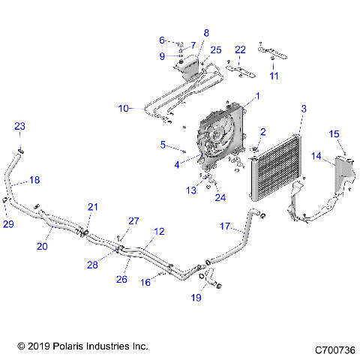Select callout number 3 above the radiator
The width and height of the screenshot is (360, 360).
[303, 109]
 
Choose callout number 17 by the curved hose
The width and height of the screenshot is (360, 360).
[224, 225]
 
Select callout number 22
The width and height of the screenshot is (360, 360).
[240, 49]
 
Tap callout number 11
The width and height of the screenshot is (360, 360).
[274, 76]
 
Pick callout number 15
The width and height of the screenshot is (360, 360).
[335, 133]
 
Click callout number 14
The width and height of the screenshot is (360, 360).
[317, 157]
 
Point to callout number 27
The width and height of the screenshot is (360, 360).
[133, 220]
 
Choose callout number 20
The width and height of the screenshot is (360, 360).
[43, 245]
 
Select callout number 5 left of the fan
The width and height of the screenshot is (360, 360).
[163, 143]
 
